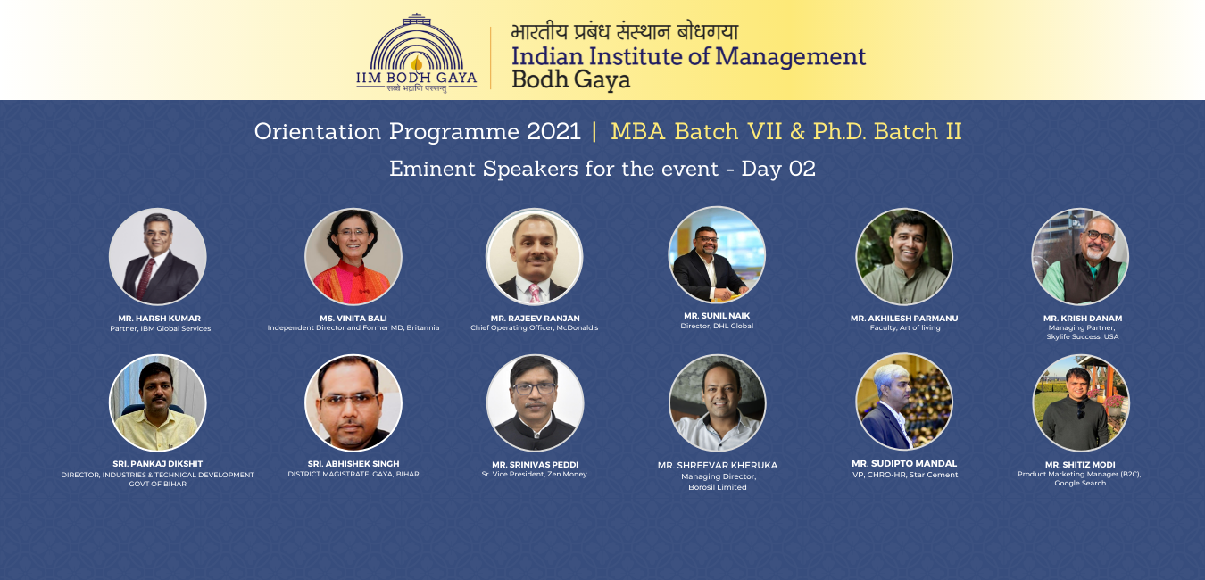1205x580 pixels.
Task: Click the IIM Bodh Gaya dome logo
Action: tap(416, 53)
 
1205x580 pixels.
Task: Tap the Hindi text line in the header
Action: tap(625, 32)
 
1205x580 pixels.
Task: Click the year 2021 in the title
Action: tap(553, 132)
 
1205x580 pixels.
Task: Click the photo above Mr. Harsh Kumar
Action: tap(158, 256)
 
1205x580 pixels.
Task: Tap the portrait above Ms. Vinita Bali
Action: tap(353, 256)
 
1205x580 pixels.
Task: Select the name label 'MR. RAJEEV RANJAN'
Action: tap(535, 319)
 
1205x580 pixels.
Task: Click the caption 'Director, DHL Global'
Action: tap(717, 326)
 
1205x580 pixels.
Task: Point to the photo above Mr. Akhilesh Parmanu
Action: tap(903, 256)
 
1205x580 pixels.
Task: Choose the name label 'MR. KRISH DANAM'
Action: tap(1083, 319)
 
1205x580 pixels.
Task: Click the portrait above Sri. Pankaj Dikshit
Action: tap(158, 402)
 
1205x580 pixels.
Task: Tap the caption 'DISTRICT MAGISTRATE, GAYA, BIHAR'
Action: tap(353, 474)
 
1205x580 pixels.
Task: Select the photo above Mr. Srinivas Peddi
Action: tap(535, 402)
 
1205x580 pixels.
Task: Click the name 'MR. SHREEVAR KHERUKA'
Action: tap(717, 466)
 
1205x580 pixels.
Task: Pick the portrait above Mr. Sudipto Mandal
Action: tap(903, 402)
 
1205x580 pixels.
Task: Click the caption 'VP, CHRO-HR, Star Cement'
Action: tap(905, 475)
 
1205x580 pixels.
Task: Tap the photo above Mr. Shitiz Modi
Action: tap(1080, 402)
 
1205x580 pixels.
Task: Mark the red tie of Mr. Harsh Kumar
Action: tap(145, 278)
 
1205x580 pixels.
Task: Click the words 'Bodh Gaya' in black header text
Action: tap(570, 79)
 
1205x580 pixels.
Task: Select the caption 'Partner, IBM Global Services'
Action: tap(161, 328)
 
